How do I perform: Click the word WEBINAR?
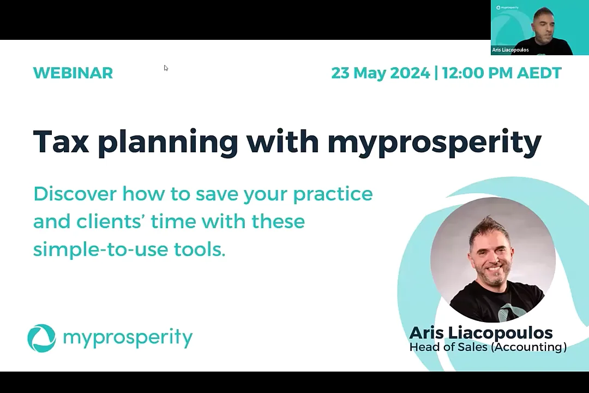(73, 73)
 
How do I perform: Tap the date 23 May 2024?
(380, 73)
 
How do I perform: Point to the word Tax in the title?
(61, 141)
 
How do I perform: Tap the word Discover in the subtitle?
(75, 194)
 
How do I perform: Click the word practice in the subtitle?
(333, 194)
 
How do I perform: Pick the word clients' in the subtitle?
(109, 222)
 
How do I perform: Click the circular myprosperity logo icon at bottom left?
(41, 338)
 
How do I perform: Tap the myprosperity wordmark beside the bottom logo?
(128, 338)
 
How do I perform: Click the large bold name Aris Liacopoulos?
(480, 332)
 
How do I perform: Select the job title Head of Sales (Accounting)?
(488, 347)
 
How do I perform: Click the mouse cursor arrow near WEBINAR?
(166, 68)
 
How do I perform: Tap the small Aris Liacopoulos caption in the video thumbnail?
(510, 50)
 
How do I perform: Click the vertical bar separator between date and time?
(436, 73)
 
